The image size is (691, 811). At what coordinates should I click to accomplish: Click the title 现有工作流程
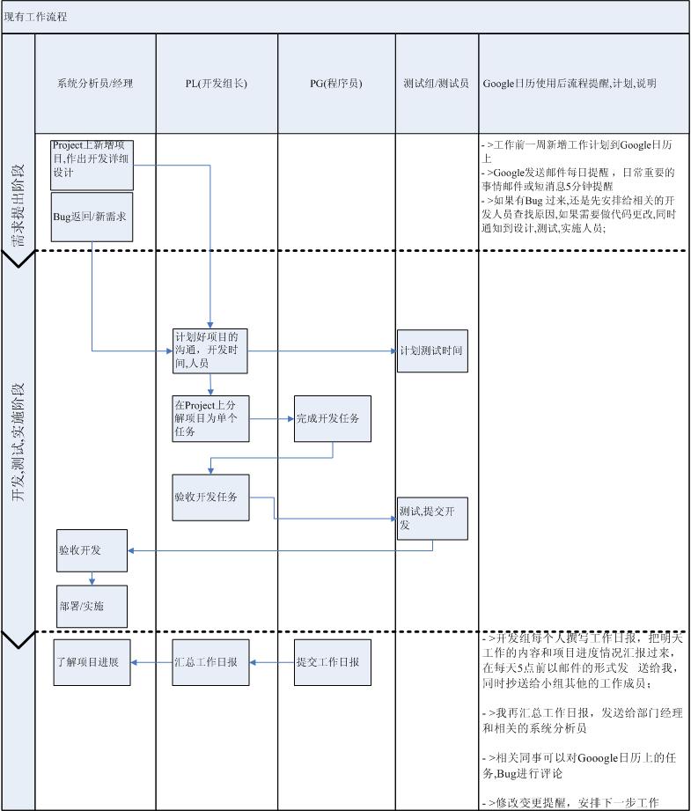coord(36,17)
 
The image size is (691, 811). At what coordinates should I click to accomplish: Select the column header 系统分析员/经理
coord(95,84)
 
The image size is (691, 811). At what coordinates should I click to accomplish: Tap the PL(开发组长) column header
coord(217,84)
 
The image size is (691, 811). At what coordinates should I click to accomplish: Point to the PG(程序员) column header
coord(336,84)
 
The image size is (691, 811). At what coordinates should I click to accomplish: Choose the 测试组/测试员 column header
coord(437,84)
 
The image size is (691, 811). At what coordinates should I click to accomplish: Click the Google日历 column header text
coord(570,84)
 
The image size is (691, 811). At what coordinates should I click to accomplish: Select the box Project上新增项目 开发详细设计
coord(92,164)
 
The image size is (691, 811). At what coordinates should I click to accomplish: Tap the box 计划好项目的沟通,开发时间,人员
coord(210,350)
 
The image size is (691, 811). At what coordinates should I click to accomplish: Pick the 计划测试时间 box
coord(431,350)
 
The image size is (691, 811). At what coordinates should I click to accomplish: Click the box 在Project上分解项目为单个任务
coord(210,418)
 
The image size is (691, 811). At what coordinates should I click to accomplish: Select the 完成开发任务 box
coord(332,418)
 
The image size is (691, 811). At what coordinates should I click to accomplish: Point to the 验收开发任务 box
coord(210,498)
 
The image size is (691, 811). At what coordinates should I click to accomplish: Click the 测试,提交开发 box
coord(431,518)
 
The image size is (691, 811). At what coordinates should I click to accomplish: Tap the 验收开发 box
coord(92,550)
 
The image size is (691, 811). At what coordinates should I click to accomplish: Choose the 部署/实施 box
coord(92,606)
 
